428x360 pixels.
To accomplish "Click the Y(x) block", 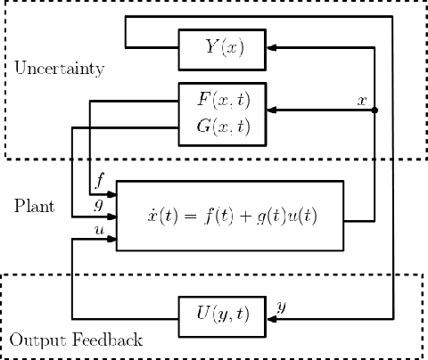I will (223, 48).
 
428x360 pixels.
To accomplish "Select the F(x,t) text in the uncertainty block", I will (222, 96).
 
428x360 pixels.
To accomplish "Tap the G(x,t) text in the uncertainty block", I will (222, 126).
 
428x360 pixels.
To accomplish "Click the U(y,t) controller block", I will (223, 314).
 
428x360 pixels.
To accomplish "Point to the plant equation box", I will (230, 216).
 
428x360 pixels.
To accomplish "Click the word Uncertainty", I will (59, 69).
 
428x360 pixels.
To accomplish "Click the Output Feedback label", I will (76, 340).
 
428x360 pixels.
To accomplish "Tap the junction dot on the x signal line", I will (374, 110).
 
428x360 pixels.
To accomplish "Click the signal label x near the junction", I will (361, 99).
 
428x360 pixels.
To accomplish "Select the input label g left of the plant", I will (100, 204).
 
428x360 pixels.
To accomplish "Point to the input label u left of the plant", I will (100, 229).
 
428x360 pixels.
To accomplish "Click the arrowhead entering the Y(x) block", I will (274, 48).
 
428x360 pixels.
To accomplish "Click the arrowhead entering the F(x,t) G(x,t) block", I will (274, 110).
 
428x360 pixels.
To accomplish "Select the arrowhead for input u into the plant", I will (111, 240).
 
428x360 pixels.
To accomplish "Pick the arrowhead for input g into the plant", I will (111, 215).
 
